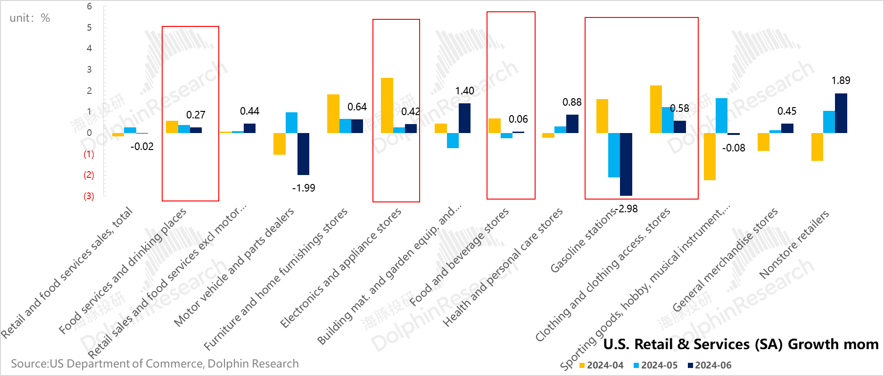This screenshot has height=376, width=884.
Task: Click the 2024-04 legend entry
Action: coord(601,365)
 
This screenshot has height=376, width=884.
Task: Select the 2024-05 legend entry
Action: coord(655,365)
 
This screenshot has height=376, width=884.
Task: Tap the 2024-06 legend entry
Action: coord(710,365)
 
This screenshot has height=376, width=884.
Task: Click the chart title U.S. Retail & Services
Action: coord(741,344)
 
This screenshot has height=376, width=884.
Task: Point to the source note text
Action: coord(155,364)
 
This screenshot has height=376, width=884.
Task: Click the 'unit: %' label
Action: coord(30,18)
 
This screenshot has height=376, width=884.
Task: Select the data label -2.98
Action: coord(628,209)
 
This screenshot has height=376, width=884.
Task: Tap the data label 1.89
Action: coord(841,81)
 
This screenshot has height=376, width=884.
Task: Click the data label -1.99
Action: coord(304,188)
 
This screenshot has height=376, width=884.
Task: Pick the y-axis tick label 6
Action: coord(89,7)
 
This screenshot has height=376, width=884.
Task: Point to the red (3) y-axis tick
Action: coord(89,196)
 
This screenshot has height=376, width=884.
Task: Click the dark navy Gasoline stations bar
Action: coord(626,164)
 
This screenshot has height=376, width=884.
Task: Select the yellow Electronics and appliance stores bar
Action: coord(387,105)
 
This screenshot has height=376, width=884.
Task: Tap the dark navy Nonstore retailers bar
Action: coord(841,113)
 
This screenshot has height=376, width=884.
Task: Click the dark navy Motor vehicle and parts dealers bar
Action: coord(304,154)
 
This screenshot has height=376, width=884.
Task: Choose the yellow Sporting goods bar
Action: coord(710,156)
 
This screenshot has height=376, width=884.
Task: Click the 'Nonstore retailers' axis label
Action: coord(794,244)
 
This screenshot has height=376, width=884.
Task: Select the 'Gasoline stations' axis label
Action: coord(584,241)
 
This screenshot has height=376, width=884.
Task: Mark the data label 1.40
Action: coord(464,91)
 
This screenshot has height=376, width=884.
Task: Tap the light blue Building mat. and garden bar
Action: coord(453,141)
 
